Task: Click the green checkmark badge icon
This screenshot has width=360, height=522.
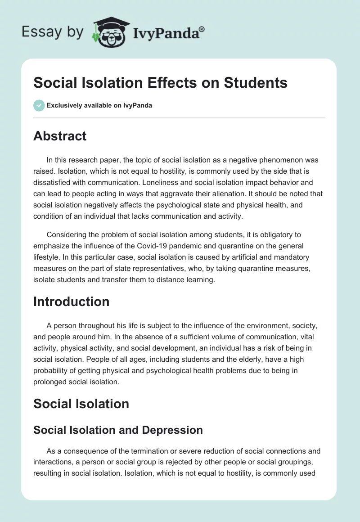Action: [x=39, y=105]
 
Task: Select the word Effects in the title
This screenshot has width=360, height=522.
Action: [x=169, y=83]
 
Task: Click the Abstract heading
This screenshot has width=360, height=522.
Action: [x=60, y=136]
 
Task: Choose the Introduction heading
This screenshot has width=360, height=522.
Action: [x=71, y=301]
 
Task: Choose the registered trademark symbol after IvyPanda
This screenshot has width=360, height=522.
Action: [x=202, y=29]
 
